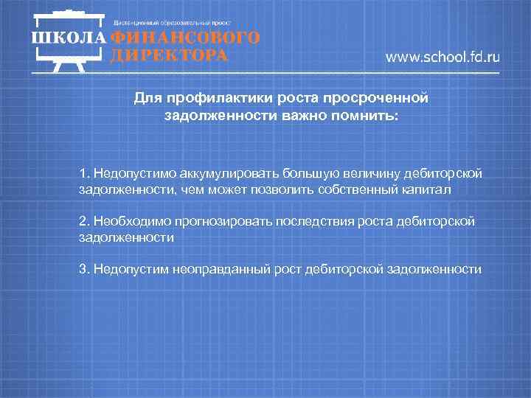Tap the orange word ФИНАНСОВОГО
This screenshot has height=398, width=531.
tap(184, 39)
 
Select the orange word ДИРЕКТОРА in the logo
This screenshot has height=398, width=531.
tap(167, 55)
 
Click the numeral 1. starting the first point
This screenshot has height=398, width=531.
tap(84, 172)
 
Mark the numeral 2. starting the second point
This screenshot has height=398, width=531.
tap(84, 220)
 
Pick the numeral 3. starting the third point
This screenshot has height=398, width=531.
tap(84, 269)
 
